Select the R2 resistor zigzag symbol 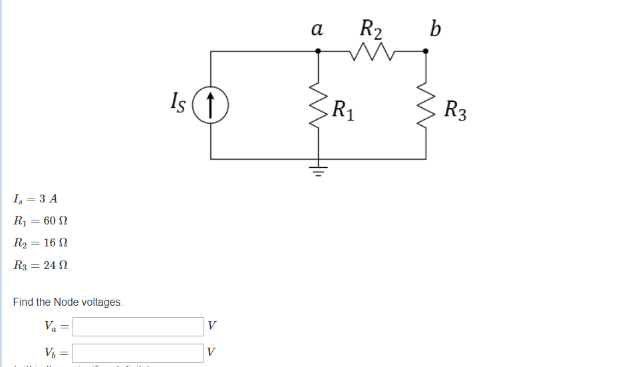(x=372, y=51)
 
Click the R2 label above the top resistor (x=371, y=29)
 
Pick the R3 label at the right (x=456, y=110)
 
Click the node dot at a (x=318, y=51)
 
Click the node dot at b (x=426, y=51)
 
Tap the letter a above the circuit (x=317, y=30)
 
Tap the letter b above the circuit (x=435, y=29)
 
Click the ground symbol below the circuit (x=318, y=171)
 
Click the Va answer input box (x=138, y=326)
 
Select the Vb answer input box (x=138, y=352)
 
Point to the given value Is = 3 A (x=35, y=198)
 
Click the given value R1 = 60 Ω (x=41, y=220)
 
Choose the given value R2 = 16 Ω (x=41, y=242)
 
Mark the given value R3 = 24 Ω (x=41, y=265)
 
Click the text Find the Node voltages (x=68, y=302)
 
